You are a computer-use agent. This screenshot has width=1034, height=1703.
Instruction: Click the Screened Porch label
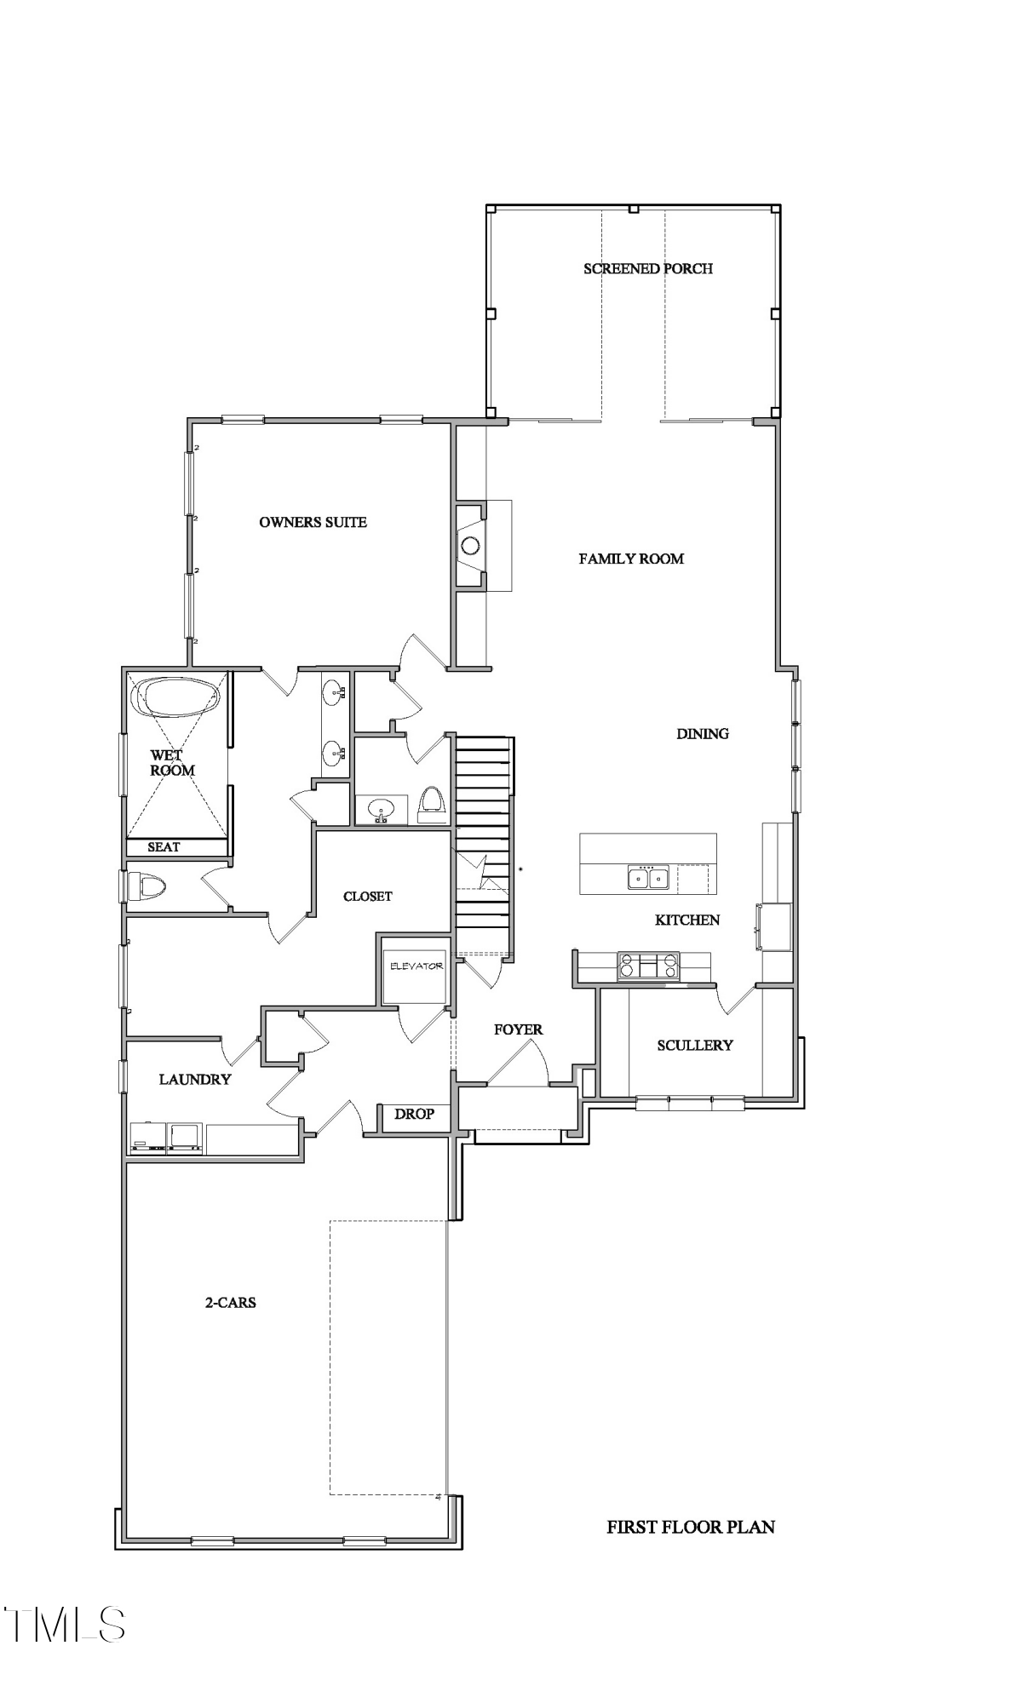[x=647, y=268]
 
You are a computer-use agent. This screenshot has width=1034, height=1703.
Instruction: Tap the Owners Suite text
[x=313, y=522]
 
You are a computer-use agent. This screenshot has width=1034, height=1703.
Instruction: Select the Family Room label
[x=631, y=559]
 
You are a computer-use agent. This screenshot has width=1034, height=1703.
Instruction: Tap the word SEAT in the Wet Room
[x=164, y=847]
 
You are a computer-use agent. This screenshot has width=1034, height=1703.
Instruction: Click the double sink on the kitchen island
[x=648, y=876]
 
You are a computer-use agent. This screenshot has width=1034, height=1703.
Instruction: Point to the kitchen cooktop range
[x=648, y=966]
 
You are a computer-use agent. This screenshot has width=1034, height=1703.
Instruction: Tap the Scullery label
[x=694, y=1045]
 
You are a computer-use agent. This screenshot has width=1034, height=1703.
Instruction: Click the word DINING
[x=703, y=733]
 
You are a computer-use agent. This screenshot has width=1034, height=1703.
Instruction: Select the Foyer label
[x=518, y=1029]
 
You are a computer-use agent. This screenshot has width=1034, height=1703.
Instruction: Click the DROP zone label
[x=414, y=1114]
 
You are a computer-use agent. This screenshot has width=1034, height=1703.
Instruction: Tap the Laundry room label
[x=195, y=1079]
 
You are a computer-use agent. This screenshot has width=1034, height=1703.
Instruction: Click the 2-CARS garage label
[x=230, y=1302]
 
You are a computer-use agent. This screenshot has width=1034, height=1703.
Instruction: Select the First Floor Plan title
[x=690, y=1527]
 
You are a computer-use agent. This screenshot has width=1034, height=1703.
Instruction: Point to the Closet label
[x=367, y=896]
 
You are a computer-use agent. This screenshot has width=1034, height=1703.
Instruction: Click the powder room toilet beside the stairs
[x=432, y=803]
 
